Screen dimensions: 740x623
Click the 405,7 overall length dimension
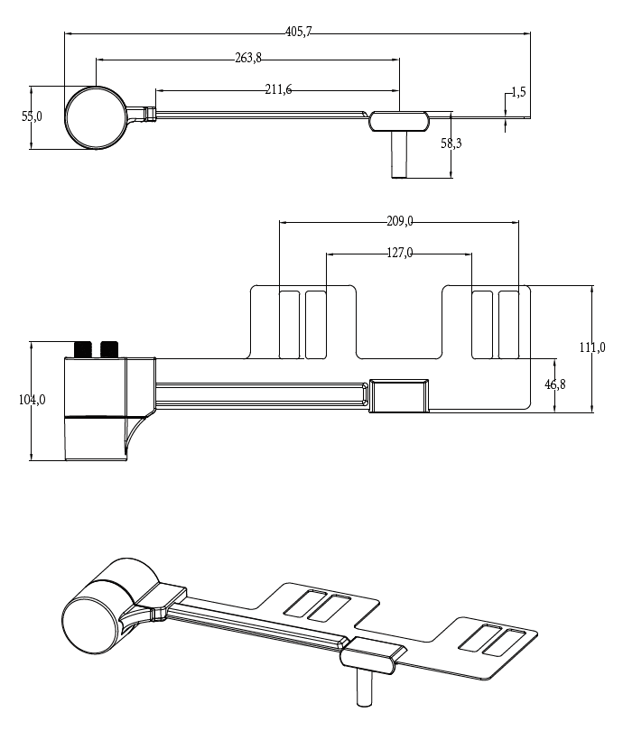coord(298,32)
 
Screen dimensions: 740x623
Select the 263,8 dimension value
coord(248,58)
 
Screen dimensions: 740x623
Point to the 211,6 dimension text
coord(279,88)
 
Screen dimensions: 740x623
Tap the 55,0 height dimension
coord(33,116)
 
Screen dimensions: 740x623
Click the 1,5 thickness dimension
coord(518,92)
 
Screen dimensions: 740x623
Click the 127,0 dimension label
coord(399,254)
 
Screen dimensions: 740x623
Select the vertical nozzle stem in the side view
coord(398,155)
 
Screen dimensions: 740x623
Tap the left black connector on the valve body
coord(83,348)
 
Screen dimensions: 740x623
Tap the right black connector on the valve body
coord(110,348)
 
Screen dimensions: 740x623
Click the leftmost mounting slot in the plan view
coord(289,323)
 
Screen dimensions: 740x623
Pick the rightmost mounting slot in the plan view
coord(509,323)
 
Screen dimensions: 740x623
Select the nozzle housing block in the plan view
coord(399,395)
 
